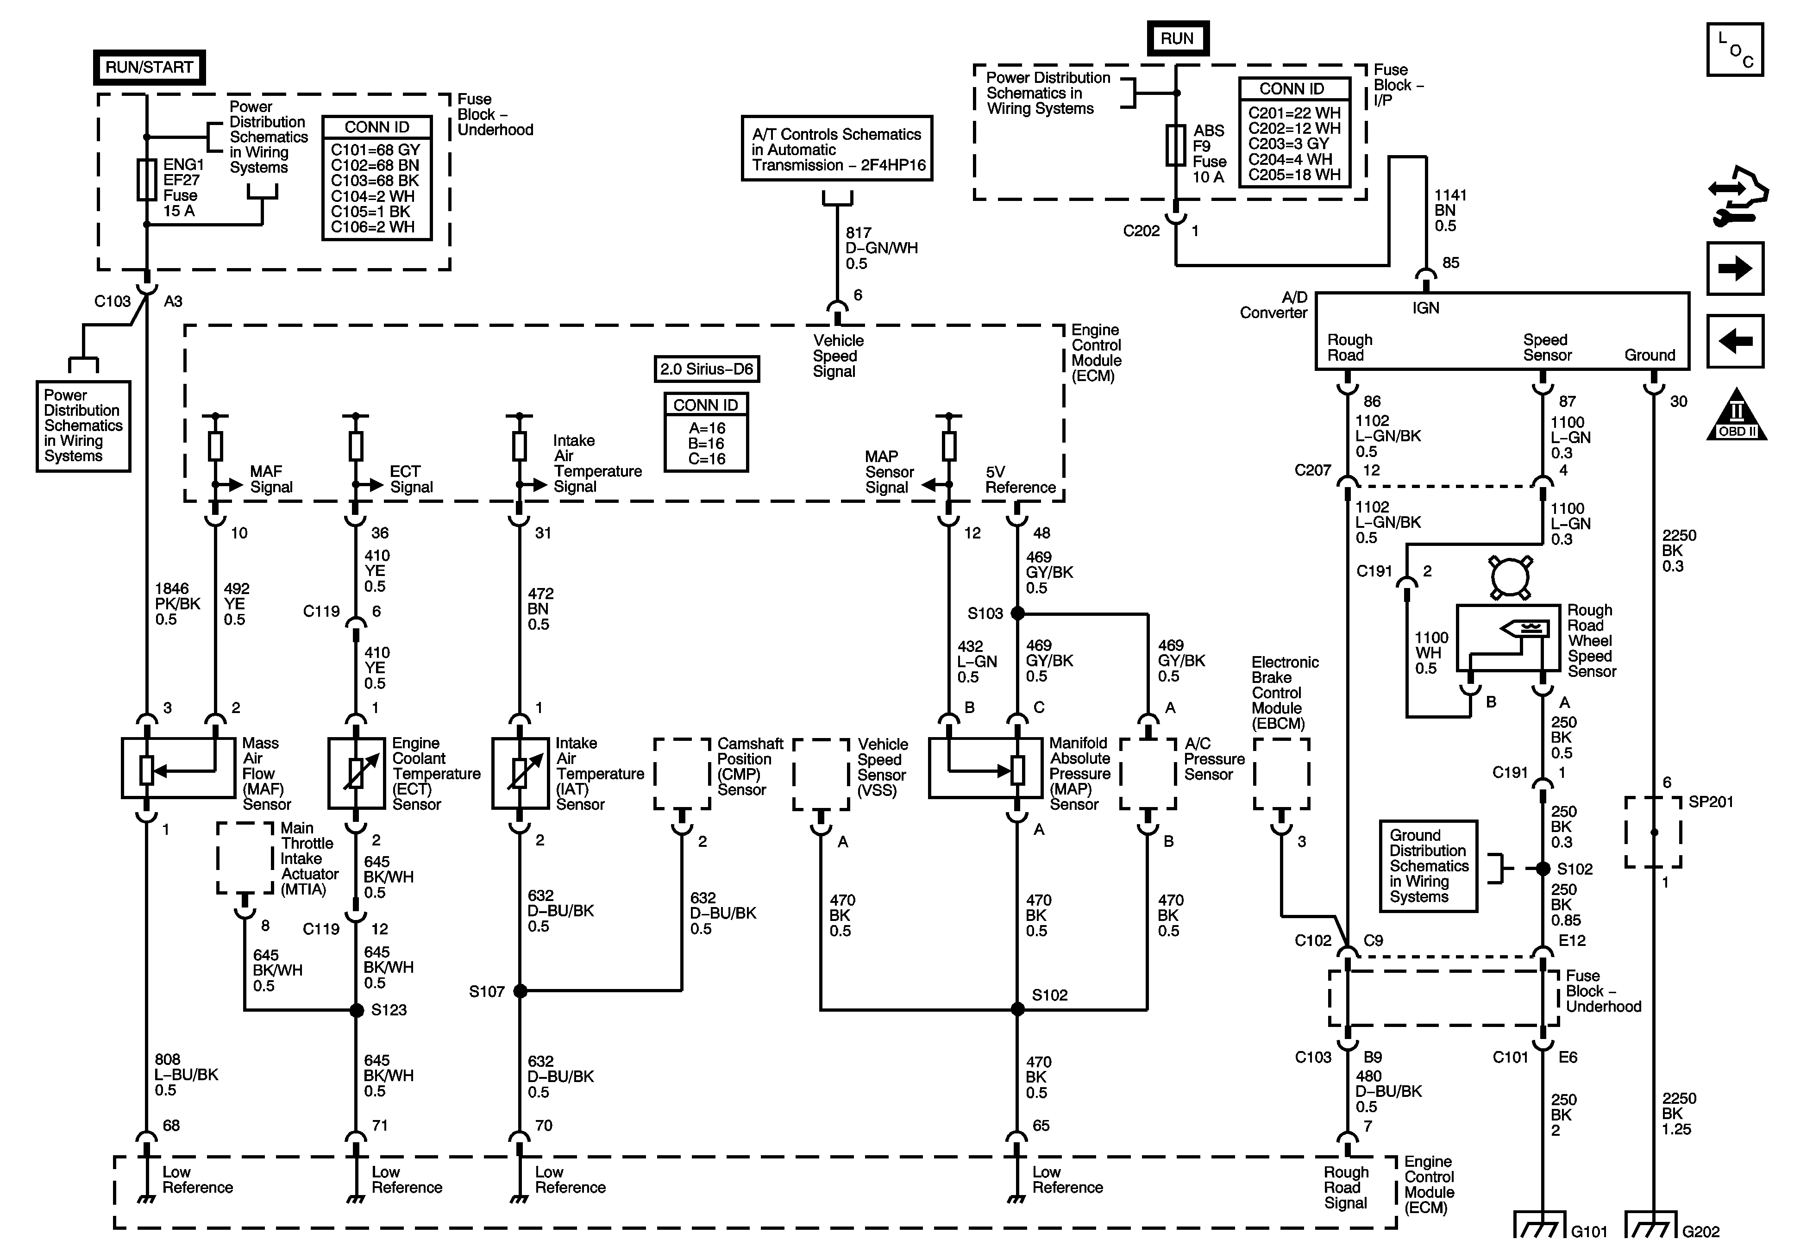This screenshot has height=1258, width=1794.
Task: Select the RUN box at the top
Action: [1177, 39]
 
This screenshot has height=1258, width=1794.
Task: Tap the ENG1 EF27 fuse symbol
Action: [147, 180]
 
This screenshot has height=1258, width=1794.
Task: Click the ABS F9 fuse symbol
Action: [1176, 145]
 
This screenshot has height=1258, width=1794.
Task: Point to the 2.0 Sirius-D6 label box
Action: [706, 369]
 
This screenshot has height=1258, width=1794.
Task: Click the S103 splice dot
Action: [1017, 613]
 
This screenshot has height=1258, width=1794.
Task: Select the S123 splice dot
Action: [356, 1010]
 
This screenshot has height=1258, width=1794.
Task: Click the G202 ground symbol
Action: [1651, 1224]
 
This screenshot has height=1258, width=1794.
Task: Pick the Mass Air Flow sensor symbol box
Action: [178, 768]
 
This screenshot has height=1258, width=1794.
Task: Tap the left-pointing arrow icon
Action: [1735, 341]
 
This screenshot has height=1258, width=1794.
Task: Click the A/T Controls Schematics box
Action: [837, 149]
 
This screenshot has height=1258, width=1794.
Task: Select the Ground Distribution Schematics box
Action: [1428, 866]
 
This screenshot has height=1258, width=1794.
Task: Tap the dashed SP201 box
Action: [1653, 832]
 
